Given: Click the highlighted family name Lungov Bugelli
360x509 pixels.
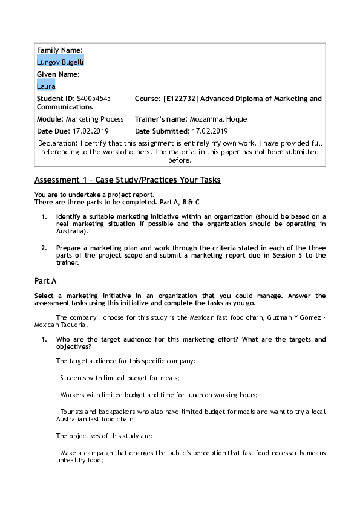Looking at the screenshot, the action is click(60, 62).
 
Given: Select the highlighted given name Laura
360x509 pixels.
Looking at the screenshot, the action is click(46, 86).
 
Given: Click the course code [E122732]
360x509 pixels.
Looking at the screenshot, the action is click(182, 99).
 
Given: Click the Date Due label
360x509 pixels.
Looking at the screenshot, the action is click(53, 131).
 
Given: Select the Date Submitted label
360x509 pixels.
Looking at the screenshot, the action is click(162, 131).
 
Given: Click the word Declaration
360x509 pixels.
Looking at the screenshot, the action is click(57, 143).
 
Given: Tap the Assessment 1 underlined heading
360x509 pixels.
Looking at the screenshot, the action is click(127, 180).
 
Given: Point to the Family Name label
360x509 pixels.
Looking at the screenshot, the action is click(60, 50).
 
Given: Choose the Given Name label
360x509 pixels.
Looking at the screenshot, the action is click(58, 74).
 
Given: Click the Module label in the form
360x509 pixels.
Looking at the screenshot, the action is click(50, 119).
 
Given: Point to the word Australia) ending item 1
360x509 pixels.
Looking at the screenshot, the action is click(72, 231).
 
